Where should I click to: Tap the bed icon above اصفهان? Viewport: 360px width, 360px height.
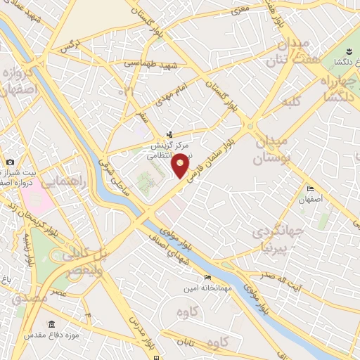point(311,189)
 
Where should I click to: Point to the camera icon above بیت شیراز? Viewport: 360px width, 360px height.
point(11,162)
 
